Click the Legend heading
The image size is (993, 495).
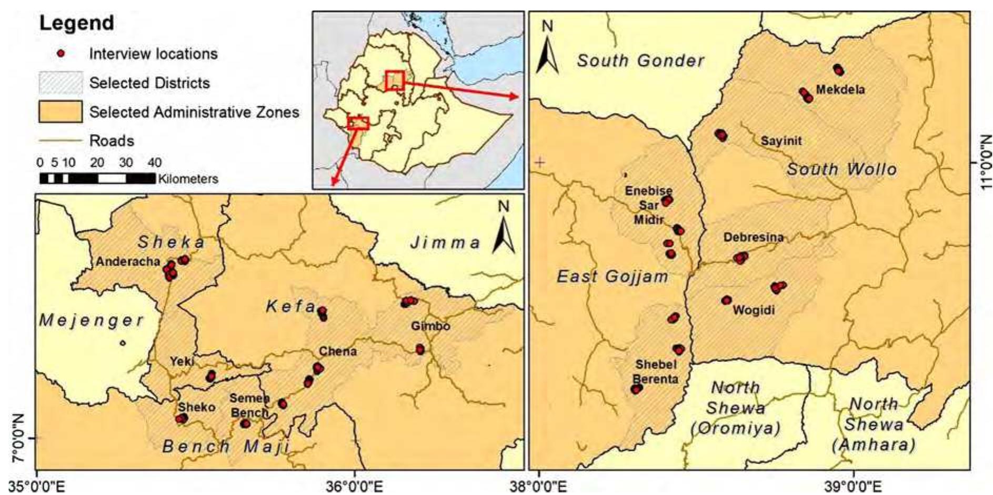(x=77, y=23)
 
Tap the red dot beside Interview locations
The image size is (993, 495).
(x=61, y=54)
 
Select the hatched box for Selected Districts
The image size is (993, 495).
(x=61, y=83)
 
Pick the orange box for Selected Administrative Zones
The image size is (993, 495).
(x=61, y=112)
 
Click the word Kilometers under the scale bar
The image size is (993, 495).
(x=188, y=179)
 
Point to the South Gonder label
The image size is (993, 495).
(x=640, y=61)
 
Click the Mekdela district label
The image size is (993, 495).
(x=840, y=89)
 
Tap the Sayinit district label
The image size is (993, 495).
(x=781, y=140)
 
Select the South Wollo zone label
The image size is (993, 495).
(x=841, y=169)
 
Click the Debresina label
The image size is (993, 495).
(x=753, y=237)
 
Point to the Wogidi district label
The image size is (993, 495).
(x=754, y=310)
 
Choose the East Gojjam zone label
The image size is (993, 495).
(x=613, y=276)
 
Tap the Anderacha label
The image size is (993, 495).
(x=128, y=261)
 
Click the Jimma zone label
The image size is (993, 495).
(x=445, y=243)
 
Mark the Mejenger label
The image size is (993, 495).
(x=91, y=320)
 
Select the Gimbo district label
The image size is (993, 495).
(x=430, y=326)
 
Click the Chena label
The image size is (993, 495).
(x=338, y=351)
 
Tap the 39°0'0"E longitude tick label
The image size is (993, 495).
(x=854, y=486)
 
